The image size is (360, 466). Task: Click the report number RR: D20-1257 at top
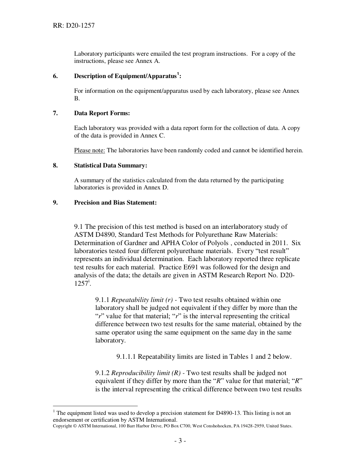[x=74, y=26]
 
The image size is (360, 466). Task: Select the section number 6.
[x=55, y=76]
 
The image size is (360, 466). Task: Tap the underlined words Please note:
[x=89, y=150]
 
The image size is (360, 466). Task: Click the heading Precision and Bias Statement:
[x=115, y=203]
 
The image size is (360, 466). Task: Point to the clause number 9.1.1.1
[x=126, y=357]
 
